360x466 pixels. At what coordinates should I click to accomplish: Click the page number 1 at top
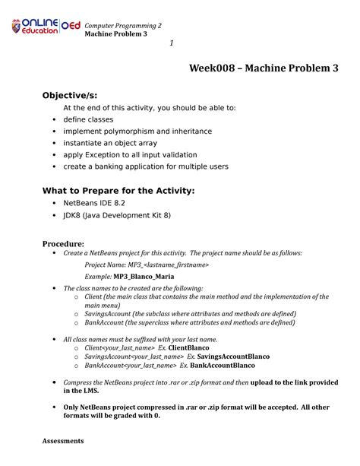[x=172, y=42]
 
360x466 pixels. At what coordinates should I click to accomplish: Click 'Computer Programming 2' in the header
[x=123, y=25]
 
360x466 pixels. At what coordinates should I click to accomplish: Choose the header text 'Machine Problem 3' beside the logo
[x=115, y=34]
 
